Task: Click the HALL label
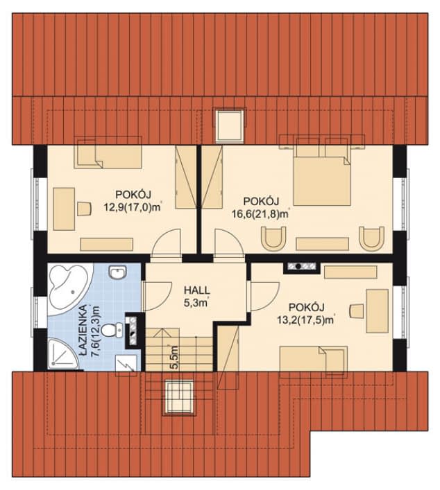(196, 290)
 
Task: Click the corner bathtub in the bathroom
(70, 289)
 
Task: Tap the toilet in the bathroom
(112, 331)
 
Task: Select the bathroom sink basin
(118, 272)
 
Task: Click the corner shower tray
(62, 353)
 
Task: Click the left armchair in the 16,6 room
(273, 238)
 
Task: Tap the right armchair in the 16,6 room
(371, 238)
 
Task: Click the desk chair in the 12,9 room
(84, 209)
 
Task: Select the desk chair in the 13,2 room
(356, 310)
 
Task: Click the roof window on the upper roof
(230, 125)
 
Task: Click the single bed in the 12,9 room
(108, 152)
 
